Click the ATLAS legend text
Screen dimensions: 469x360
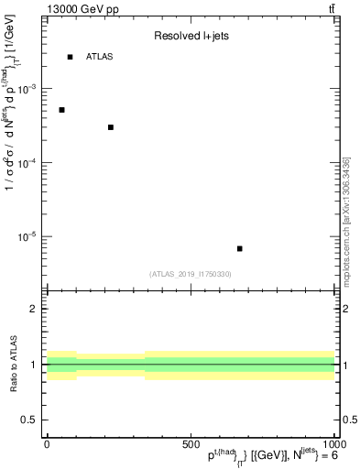[x=100, y=57]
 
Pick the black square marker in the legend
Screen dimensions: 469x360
[x=70, y=57]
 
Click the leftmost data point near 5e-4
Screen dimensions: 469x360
[x=61, y=110]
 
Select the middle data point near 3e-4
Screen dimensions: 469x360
[x=110, y=127]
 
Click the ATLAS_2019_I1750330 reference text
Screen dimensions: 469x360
[x=191, y=274]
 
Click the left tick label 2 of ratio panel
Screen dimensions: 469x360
[x=33, y=309]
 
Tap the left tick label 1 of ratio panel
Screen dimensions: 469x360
[x=33, y=365]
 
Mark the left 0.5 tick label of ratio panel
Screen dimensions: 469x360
[x=29, y=420]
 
